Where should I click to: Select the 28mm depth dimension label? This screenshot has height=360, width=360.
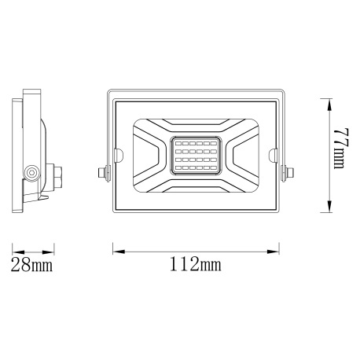(x=31, y=265)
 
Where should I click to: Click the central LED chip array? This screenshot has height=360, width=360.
(x=197, y=154)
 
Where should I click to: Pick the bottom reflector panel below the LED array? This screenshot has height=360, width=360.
(x=197, y=186)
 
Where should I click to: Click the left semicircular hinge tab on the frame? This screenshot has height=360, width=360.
(x=118, y=155)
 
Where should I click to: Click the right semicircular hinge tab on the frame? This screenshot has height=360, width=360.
(x=275, y=155)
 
